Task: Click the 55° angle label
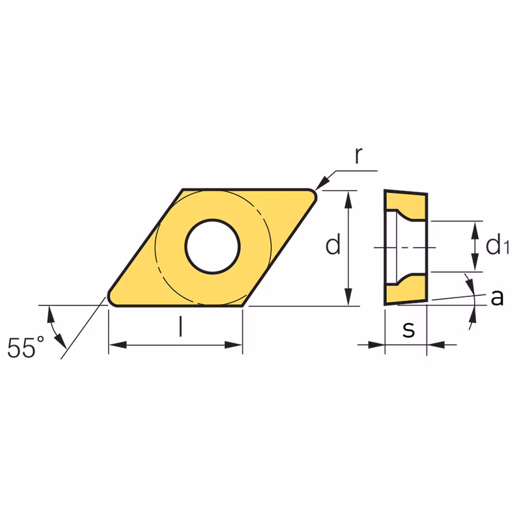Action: (26, 347)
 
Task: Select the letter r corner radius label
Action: (358, 156)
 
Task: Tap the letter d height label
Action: (333, 244)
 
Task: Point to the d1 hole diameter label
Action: (498, 244)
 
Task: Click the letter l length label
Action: (180, 326)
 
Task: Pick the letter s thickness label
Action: (409, 330)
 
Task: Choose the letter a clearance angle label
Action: (497, 298)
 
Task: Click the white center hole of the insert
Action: (213, 246)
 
